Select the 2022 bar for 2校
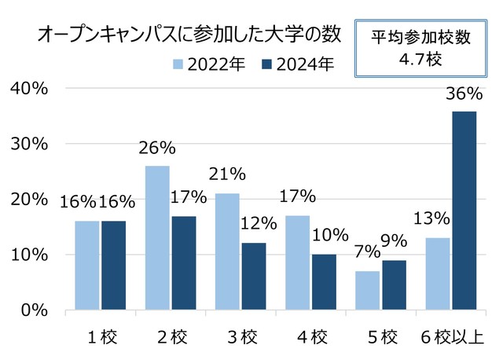click(158, 237)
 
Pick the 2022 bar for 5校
click(368, 290)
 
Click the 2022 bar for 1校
click(87, 265)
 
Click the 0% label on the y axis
click(35, 310)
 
